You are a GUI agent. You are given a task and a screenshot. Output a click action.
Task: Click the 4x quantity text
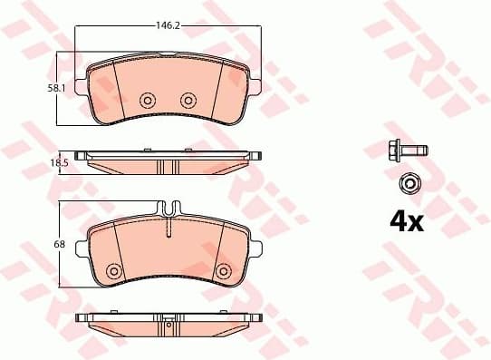pos(406,220)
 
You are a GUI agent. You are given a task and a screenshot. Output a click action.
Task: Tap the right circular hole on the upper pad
pos(188,100)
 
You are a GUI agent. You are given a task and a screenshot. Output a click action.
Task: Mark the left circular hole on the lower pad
pos(113,270)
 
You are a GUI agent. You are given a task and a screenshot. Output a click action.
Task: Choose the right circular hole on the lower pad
pos(223,270)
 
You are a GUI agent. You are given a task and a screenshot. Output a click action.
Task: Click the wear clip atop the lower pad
pos(168,209)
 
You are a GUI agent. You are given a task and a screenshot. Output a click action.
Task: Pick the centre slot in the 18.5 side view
pos(168,167)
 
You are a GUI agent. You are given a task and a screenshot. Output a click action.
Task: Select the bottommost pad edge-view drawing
pos(168,323)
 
